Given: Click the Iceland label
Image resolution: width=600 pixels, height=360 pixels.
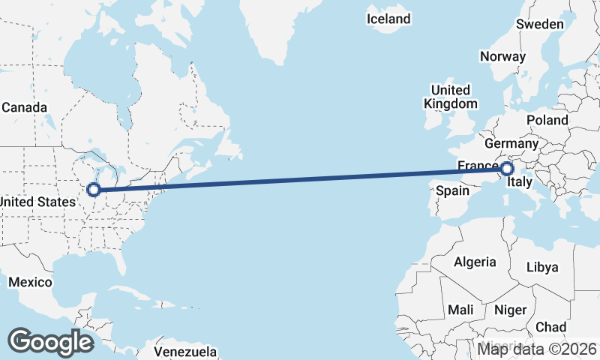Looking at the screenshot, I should coord(388,19).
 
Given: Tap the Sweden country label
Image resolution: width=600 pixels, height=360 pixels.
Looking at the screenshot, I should coord(539,24).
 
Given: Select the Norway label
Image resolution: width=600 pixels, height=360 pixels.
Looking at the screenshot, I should coord(502,56).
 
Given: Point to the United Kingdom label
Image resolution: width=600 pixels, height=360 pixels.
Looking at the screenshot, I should coord(450,97).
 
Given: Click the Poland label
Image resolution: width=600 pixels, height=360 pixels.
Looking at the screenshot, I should coord(547,120).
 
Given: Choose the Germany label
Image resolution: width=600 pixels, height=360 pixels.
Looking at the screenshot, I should coord(511,143).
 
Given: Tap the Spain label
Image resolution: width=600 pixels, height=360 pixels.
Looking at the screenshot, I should coord(453,190).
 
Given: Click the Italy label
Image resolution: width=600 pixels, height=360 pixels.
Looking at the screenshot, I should coord(520,182).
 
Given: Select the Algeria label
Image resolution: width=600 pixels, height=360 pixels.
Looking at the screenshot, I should coord(475,262).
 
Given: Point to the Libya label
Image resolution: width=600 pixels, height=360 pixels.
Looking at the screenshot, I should coord(542,267).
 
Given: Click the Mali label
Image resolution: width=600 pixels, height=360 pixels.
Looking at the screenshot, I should coord(460,310).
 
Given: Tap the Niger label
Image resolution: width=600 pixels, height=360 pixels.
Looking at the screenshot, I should coord(511,310).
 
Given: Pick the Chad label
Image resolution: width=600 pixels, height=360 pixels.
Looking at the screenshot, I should coord(551,327).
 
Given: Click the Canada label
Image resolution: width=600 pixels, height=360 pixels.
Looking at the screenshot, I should coord(24,107).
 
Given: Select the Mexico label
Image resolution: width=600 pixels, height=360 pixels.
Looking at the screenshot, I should coord(30,282).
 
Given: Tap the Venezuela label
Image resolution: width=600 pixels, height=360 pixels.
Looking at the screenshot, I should coord(185,352).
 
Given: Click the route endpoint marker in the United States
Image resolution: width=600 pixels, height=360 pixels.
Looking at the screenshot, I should coord(94,190).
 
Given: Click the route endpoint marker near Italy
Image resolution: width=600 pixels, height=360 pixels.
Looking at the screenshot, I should coord(507,169).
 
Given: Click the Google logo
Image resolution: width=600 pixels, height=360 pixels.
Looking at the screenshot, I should coord(50,341).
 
